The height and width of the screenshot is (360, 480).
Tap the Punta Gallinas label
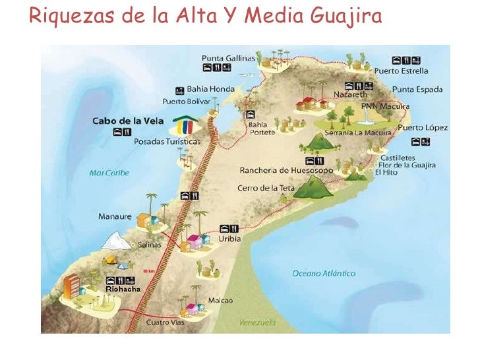point(228,57)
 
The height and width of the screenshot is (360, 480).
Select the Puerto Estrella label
point(401,71)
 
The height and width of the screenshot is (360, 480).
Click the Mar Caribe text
point(109,173)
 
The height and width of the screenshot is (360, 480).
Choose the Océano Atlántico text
point(324,273)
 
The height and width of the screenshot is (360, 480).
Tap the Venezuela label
point(257,322)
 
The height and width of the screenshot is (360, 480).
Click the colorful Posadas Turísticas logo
point(185,125)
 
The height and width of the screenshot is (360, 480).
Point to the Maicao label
point(220,300)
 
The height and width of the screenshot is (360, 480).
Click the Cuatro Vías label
point(166,322)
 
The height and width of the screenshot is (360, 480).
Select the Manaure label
point(115,216)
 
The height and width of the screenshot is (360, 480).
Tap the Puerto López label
point(423,127)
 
